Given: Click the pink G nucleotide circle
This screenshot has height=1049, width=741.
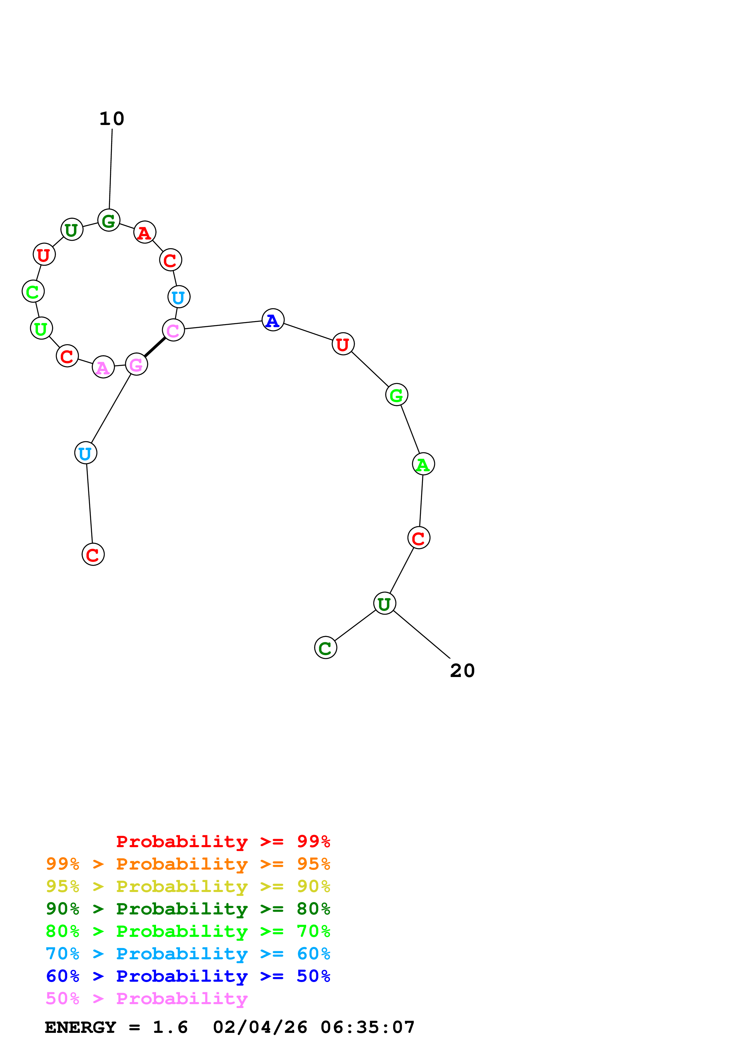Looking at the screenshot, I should click(137, 364).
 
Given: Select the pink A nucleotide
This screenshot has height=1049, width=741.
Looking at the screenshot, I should click(103, 367).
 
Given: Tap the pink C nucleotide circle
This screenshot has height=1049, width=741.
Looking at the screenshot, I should click(173, 330).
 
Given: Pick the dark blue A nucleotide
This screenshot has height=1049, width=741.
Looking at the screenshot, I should click(273, 320).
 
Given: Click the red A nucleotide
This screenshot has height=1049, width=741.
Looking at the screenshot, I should click(145, 233).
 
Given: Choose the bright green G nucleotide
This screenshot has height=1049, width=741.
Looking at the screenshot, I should click(397, 395).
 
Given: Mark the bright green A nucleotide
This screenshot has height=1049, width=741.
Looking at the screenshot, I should click(423, 464).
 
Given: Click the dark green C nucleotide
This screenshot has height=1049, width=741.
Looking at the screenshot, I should click(326, 648).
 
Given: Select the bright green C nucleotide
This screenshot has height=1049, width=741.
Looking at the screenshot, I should click(33, 292).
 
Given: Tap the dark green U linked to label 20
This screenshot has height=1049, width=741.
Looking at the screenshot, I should click(384, 603).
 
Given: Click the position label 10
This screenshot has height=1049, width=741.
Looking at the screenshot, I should click(112, 119).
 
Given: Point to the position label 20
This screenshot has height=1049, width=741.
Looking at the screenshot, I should click(462, 671).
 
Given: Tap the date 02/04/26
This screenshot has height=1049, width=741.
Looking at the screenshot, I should click(260, 1027).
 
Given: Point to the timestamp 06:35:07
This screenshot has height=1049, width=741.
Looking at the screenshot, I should click(368, 1027).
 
